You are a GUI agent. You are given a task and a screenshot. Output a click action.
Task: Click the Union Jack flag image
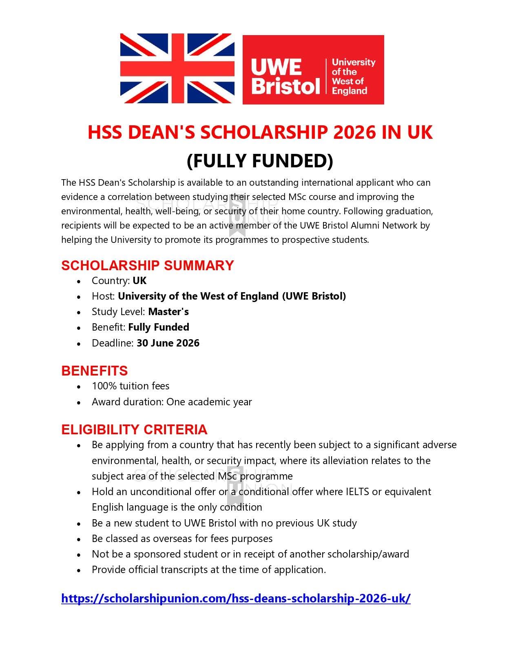point(177,69)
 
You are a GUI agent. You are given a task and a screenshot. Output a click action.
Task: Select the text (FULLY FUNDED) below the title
point(260,160)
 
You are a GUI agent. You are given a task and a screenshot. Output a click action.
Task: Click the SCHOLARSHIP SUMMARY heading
point(147,265)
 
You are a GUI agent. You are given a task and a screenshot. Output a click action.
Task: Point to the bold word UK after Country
point(139,281)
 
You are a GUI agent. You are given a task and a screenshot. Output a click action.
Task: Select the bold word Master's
point(168,312)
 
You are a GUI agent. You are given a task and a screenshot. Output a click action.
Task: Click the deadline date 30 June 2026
point(168,343)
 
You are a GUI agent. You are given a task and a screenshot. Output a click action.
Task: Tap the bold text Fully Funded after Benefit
point(159,327)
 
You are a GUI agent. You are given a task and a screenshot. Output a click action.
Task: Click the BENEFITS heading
point(94,371)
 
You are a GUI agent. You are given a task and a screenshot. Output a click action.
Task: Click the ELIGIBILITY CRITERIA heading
point(134,429)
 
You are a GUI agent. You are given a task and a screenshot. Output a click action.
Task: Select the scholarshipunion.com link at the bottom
point(236,598)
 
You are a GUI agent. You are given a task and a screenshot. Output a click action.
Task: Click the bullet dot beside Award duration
point(79,402)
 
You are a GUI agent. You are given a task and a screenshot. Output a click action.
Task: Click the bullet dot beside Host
point(79,297)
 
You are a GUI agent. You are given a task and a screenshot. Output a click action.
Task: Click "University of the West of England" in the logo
point(353,76)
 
